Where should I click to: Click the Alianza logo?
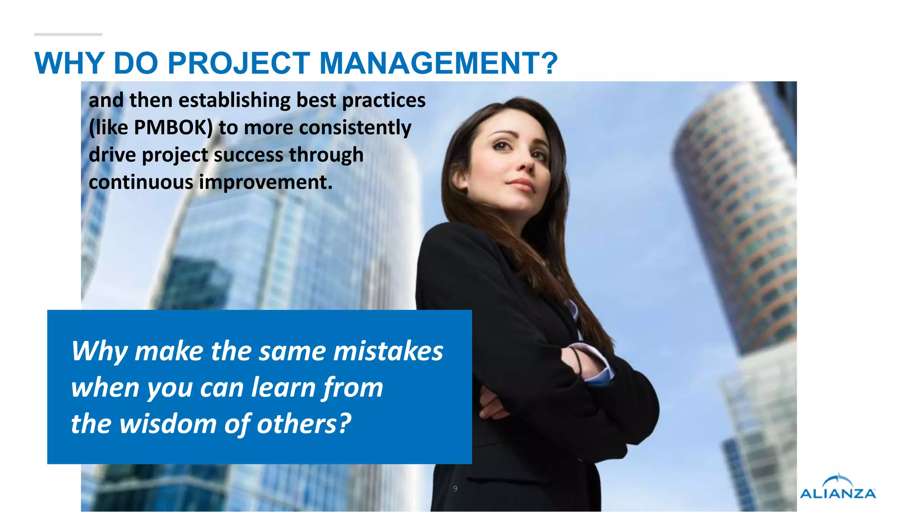click(x=838, y=487)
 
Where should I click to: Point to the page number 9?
click(x=455, y=488)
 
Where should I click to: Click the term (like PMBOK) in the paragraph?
click(x=151, y=128)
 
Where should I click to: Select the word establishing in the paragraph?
click(x=234, y=100)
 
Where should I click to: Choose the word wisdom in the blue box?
click(x=168, y=424)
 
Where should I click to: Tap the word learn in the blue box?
click(x=283, y=387)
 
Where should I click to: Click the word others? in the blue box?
click(x=304, y=424)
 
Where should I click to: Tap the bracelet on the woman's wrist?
click(x=577, y=360)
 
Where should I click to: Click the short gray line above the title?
click(x=68, y=34)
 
